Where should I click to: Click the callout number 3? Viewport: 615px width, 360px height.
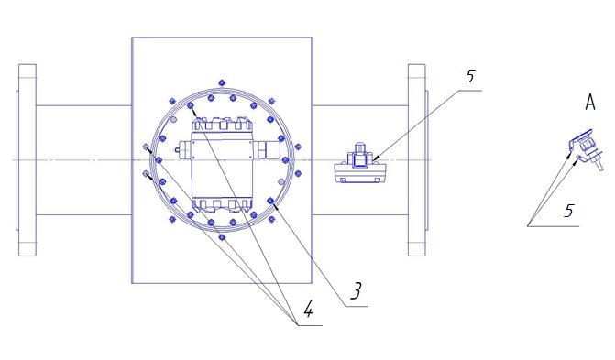[x=356, y=291]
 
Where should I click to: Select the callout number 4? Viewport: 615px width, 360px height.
[x=308, y=310]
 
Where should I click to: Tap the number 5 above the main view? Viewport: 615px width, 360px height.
[x=470, y=76]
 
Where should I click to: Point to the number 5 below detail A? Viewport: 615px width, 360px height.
[x=569, y=211]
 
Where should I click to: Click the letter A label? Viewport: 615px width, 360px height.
[x=590, y=102]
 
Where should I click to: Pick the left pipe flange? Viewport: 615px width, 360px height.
[x=27, y=160]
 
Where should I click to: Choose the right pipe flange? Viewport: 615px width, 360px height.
[x=418, y=160]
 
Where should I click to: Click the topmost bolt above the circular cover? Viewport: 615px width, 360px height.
[x=222, y=82]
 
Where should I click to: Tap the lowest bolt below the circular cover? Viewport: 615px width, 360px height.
[x=222, y=237]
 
